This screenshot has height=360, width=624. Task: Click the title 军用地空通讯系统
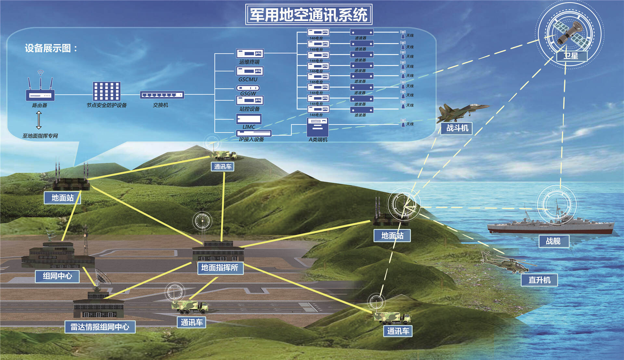(x=308, y=15)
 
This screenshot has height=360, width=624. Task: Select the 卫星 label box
(x=571, y=56)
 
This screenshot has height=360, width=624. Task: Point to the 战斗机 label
(x=457, y=128)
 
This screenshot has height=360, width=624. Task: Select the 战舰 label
(x=553, y=241)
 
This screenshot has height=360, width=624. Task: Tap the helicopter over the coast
(x=506, y=263)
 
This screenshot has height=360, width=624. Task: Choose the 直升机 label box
(x=539, y=280)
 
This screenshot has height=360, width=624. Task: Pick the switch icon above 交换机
(x=162, y=95)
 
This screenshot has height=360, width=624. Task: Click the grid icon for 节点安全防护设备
(x=107, y=91)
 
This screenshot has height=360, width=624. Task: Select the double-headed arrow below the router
(x=39, y=120)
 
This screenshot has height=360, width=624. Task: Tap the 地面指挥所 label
(x=220, y=268)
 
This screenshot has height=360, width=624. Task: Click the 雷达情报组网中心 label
(x=100, y=327)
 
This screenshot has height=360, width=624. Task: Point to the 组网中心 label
(x=57, y=276)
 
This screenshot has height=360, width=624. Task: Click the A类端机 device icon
(x=318, y=127)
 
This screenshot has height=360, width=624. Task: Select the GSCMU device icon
(x=250, y=71)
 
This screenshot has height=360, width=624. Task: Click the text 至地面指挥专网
(x=40, y=136)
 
